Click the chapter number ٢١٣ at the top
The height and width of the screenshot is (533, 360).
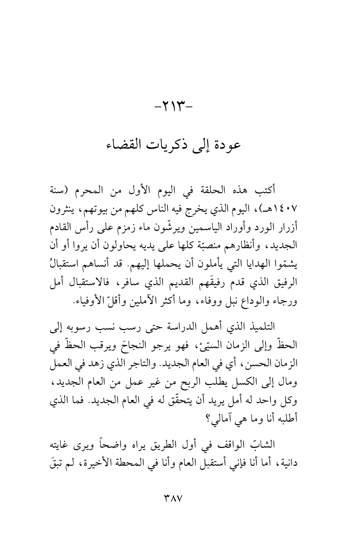(x=180, y=112)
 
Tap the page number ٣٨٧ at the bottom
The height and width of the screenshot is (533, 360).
(x=180, y=497)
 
